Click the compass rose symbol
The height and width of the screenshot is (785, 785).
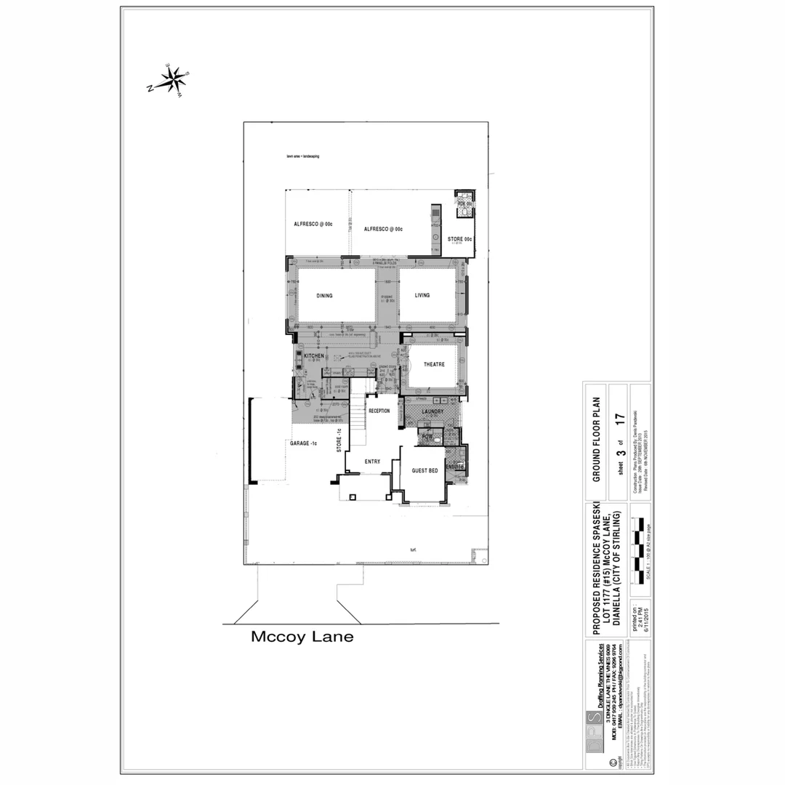[x=172, y=81]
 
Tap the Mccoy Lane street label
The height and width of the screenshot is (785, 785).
[x=302, y=637]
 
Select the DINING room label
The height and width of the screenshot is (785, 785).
[x=324, y=296]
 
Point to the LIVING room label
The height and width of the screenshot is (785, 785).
[x=422, y=295]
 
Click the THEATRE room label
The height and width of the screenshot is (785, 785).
[x=434, y=365]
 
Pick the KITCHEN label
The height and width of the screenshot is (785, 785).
[x=313, y=356]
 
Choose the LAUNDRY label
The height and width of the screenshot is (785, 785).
[x=432, y=411]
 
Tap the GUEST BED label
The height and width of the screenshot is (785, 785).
[x=424, y=471]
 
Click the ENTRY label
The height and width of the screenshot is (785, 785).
[x=372, y=462]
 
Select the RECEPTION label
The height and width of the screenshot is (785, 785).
[x=379, y=411]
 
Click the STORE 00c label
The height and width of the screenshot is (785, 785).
[x=459, y=239]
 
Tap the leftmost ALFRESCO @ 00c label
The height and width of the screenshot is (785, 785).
[x=313, y=225]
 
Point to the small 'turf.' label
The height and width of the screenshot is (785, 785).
[x=413, y=549]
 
